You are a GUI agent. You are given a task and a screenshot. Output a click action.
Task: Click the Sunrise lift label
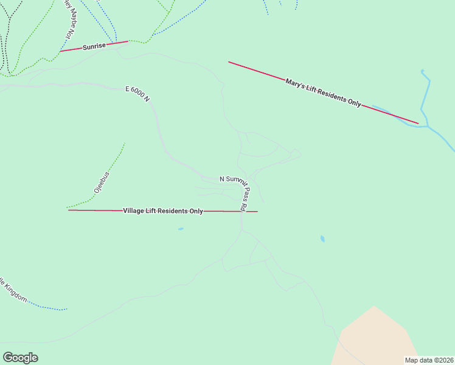click(94, 46)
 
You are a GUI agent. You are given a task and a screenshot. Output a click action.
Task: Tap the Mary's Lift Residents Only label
click(323, 93)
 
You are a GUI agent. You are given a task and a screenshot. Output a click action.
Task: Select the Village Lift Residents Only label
click(163, 211)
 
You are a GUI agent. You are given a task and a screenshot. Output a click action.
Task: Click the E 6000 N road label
click(137, 94)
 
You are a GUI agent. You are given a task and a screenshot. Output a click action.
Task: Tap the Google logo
click(20, 358)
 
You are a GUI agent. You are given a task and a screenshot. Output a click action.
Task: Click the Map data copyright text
click(428, 360)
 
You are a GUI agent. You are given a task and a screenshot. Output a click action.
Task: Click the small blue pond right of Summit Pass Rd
click(322, 239)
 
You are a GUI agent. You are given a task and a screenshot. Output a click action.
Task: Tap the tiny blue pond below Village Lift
click(181, 229)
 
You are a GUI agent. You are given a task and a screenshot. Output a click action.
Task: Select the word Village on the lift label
click(134, 211)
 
